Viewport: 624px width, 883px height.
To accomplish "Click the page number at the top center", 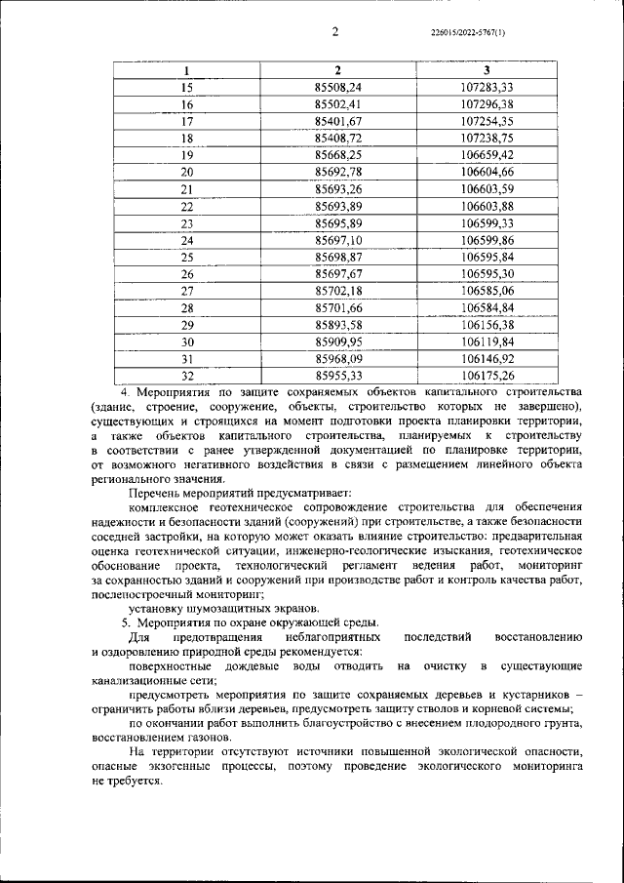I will (334, 31).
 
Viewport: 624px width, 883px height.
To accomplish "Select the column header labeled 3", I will (487, 70).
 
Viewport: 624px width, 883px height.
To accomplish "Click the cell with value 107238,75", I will (487, 138).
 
